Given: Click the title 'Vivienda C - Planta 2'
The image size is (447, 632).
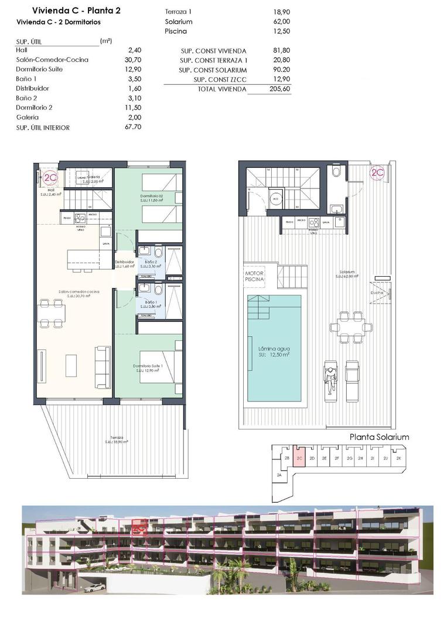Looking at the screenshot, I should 68,10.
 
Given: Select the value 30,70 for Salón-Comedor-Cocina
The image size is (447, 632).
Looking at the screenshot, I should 134,60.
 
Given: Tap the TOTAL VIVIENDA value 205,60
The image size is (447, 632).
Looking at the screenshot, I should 282,89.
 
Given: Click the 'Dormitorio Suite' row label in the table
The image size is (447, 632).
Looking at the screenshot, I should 40,69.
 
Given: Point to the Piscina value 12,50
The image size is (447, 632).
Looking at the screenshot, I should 282,31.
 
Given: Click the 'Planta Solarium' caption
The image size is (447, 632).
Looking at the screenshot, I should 379,437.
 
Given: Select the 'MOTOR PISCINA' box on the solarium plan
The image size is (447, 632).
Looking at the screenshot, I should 254,276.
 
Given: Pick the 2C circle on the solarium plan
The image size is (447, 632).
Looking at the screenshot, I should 377,173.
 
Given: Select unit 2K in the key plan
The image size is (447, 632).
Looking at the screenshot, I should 399,458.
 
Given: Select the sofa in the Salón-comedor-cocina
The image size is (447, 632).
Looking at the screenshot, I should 103,366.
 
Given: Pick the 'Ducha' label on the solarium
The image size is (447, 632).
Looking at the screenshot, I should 377,293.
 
